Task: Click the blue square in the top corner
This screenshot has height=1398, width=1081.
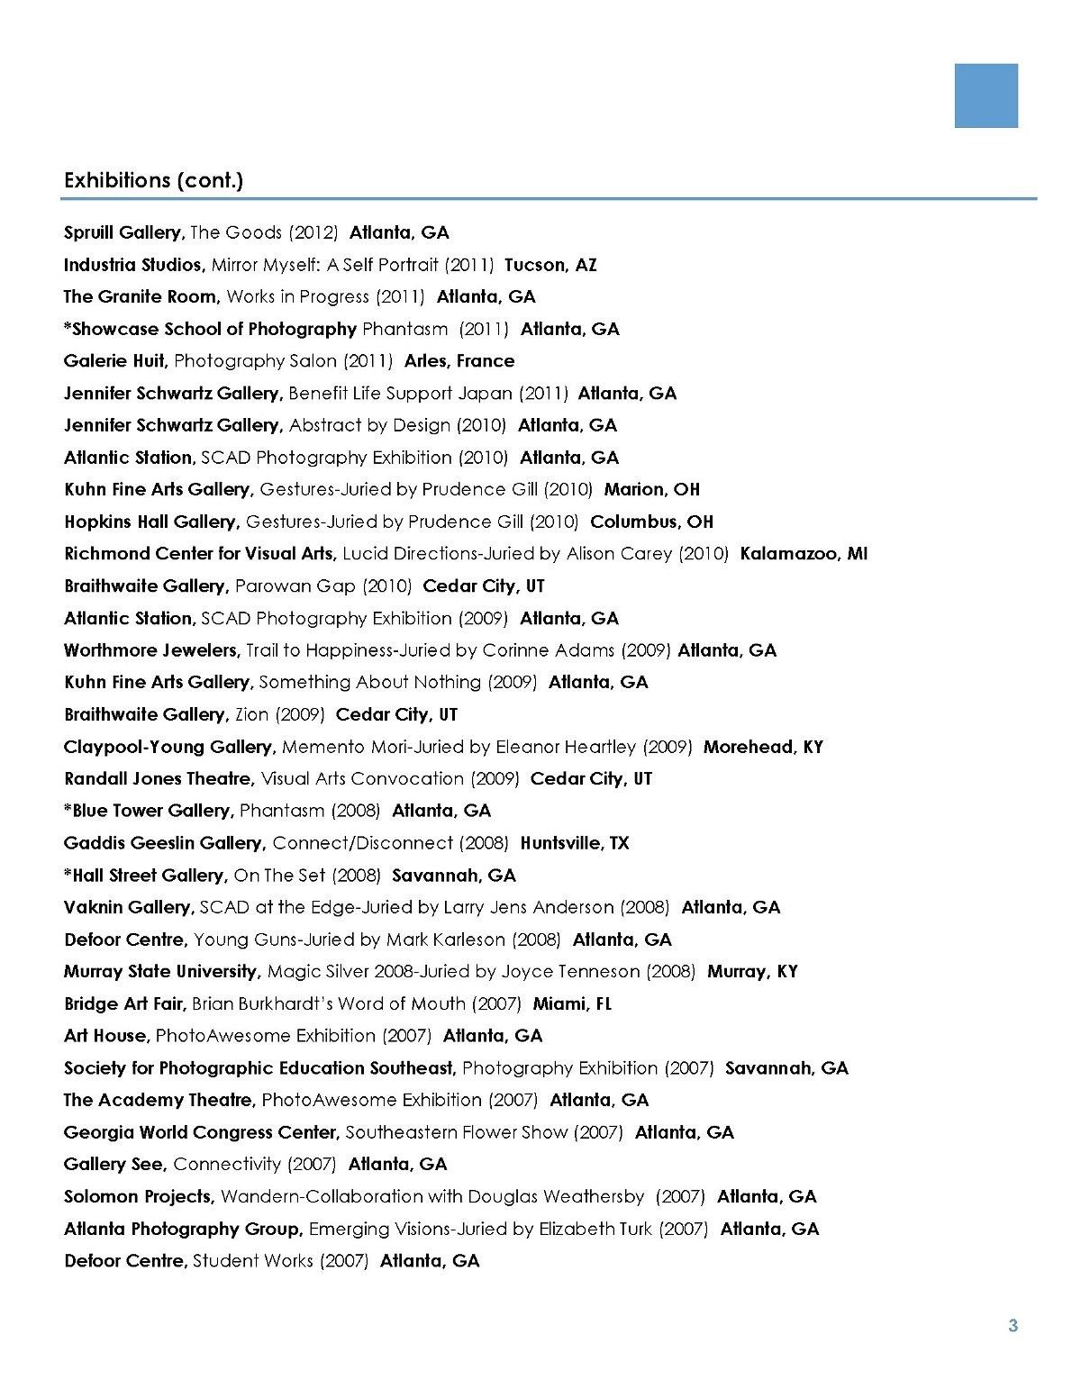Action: coord(986,95)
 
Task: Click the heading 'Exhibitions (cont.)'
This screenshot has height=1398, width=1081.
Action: coord(153,180)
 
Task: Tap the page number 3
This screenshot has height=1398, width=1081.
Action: coord(1013,1325)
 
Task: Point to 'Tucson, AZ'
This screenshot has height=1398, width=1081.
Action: coord(550,265)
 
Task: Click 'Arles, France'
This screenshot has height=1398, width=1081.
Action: coord(459,361)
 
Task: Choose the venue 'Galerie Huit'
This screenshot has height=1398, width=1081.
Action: coord(115,361)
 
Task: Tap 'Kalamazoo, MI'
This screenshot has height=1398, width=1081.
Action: coord(804,554)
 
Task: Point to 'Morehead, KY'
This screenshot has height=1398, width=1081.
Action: coord(763,747)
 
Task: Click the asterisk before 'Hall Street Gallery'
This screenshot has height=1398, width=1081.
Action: coord(68,874)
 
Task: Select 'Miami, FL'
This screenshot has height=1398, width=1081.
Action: coord(572,1003)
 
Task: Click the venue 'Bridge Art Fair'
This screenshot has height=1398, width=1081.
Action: coord(125,1003)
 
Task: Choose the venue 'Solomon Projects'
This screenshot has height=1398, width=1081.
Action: coord(139,1196)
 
